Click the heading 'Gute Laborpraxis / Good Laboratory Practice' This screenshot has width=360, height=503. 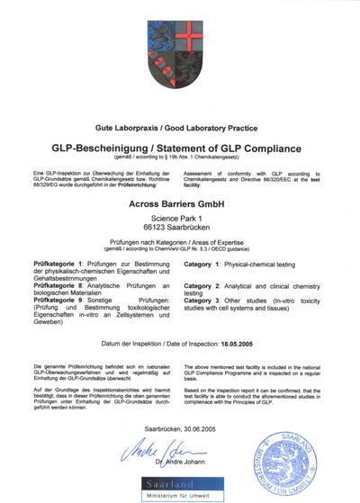180,130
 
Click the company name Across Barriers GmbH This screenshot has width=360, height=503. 180,204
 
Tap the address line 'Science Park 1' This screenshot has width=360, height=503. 180,220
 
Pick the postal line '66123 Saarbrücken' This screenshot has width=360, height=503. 180,232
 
